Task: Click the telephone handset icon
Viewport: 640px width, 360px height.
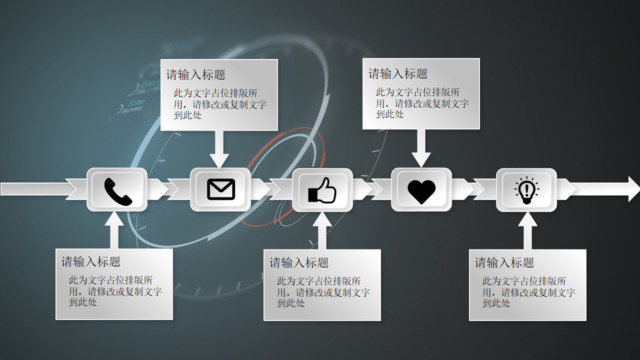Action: (117, 190)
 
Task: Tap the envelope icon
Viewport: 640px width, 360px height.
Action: (220, 189)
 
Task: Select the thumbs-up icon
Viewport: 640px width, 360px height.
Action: (321, 190)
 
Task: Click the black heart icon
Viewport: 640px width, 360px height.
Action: (422, 189)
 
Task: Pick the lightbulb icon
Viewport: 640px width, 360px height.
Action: (525, 189)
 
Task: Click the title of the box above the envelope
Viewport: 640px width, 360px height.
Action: (196, 74)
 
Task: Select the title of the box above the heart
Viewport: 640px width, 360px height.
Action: (398, 74)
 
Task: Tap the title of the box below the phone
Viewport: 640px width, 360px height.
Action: (91, 262)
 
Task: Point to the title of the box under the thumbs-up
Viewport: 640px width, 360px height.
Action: (298, 262)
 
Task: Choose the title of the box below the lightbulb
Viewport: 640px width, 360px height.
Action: (503, 262)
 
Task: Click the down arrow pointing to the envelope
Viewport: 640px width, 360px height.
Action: (220, 151)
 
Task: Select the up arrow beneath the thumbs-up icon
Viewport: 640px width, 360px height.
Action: (321, 231)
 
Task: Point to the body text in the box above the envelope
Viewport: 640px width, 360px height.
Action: (214, 103)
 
